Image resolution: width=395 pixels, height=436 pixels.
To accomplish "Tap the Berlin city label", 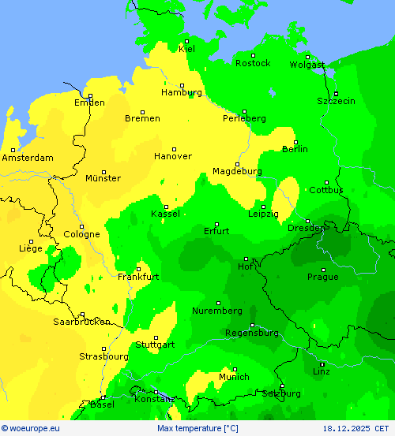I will [x=295, y=149].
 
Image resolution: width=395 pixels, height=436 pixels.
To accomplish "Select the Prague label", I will [x=322, y=277].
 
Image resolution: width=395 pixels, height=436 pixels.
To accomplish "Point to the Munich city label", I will [x=234, y=377].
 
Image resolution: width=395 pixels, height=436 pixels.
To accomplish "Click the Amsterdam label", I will [x=28, y=158].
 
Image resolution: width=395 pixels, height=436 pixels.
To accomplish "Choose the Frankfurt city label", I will [x=138, y=277].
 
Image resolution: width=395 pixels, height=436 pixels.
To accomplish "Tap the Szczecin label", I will [x=336, y=101].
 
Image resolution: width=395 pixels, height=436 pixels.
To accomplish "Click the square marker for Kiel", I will [x=187, y=41].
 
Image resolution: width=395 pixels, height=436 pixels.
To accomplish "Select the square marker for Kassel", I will [x=166, y=207].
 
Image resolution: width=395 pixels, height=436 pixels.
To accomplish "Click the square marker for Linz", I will [x=322, y=363].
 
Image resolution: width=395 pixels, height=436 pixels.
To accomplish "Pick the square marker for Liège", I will [x=31, y=241].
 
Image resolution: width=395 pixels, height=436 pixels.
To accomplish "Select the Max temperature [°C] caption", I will [x=197, y=428].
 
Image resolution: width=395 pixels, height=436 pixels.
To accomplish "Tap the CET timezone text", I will [x=385, y=428].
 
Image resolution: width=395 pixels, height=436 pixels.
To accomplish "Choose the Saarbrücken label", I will [x=81, y=322].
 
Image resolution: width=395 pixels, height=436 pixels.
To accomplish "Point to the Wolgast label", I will [x=307, y=65].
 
